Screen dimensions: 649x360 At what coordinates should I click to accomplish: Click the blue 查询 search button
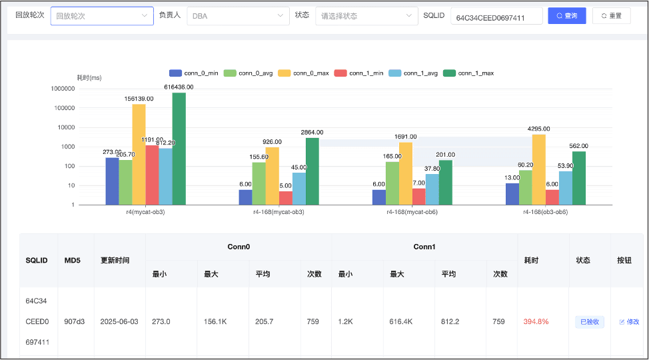[566, 16]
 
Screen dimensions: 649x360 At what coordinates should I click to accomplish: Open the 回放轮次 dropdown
[102, 16]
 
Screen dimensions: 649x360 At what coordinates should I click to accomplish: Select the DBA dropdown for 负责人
[238, 16]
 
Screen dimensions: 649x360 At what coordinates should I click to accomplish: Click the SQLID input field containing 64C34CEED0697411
[496, 16]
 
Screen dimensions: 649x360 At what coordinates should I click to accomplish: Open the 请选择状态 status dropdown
[366, 16]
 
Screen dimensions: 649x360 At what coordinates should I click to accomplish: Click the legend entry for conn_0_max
[303, 73]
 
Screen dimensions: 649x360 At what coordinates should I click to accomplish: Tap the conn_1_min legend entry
[358, 73]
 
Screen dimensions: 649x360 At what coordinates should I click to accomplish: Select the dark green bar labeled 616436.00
[179, 149]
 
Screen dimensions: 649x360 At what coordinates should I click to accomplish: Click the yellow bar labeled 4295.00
[539, 170]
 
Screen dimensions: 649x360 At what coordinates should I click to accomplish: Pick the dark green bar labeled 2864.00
[313, 171]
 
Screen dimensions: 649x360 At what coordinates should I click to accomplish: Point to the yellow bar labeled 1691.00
[406, 173]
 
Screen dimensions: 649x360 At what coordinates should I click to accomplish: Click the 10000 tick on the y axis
[66, 127]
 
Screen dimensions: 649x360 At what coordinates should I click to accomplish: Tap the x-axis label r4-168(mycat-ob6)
[412, 212]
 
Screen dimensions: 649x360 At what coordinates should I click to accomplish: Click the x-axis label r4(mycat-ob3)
[145, 212]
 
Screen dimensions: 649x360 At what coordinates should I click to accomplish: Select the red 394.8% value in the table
[536, 321]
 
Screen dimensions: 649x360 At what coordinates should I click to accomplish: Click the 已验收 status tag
[590, 322]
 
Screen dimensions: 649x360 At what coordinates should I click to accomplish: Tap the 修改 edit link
[629, 322]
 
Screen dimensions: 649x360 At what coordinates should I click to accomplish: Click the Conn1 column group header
[424, 247]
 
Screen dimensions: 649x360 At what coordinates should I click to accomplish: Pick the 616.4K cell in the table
[400, 321]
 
